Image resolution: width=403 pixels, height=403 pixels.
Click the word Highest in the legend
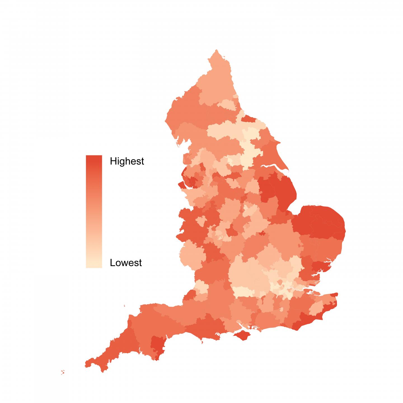click(127, 161)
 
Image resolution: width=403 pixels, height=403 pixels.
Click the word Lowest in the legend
click(126, 263)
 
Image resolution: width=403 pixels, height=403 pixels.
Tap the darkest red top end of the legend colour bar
click(94, 158)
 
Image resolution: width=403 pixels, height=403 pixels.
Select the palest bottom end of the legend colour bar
click(94, 266)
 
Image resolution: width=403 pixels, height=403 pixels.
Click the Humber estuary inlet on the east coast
click(273, 168)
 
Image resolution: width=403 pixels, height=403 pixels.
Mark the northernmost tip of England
click(216, 50)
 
